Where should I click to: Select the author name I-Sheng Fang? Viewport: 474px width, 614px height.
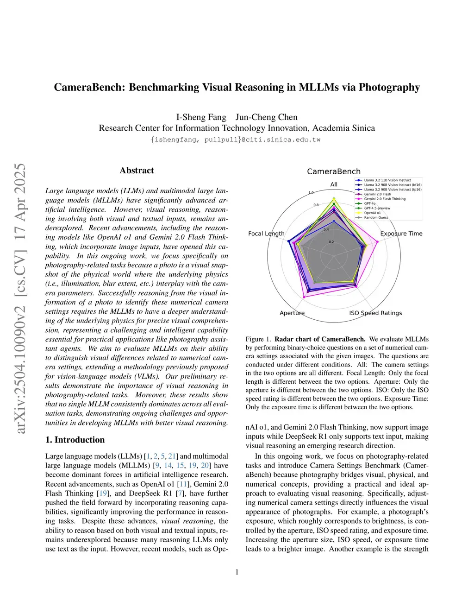(x=201, y=117)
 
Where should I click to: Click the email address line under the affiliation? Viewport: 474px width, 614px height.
(x=237, y=139)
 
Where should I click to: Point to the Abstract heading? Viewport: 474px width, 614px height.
(x=137, y=171)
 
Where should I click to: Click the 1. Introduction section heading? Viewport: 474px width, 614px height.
(x=75, y=440)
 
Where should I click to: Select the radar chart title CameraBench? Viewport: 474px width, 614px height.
(x=333, y=171)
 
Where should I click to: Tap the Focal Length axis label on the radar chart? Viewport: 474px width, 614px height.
(x=266, y=234)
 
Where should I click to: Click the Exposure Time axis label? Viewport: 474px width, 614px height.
(x=401, y=234)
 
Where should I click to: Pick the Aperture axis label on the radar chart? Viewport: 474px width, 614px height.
(x=292, y=313)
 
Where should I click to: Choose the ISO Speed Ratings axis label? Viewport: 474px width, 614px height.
(x=375, y=313)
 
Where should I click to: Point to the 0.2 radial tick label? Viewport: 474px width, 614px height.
(x=331, y=242)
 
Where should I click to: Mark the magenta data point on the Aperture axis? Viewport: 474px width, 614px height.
(x=304, y=297)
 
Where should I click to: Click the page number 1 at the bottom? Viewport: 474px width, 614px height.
(x=237, y=572)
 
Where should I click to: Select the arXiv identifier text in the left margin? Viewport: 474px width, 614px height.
(x=20, y=299)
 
